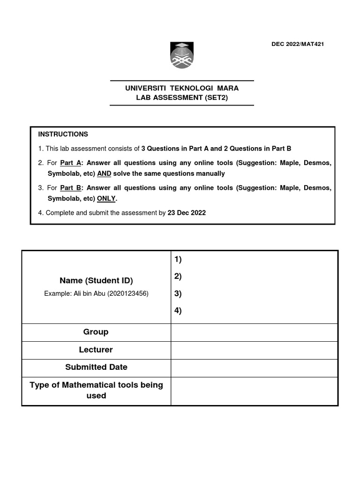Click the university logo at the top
click(181, 55)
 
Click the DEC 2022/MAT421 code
click(298, 45)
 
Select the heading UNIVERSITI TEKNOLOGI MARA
click(182, 88)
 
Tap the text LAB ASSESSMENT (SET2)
click(182, 97)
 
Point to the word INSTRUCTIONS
click(63, 134)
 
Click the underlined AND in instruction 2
click(104, 173)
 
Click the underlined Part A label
click(71, 163)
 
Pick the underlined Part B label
click(71, 187)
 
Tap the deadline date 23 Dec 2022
click(187, 212)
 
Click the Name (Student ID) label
click(96, 281)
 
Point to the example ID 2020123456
click(128, 293)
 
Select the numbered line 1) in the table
click(178, 260)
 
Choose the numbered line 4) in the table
click(178, 310)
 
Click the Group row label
click(96, 332)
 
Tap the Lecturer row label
click(96, 350)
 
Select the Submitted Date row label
click(96, 367)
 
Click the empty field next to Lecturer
click(254, 350)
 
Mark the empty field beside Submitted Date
click(254, 368)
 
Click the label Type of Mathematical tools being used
click(96, 390)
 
